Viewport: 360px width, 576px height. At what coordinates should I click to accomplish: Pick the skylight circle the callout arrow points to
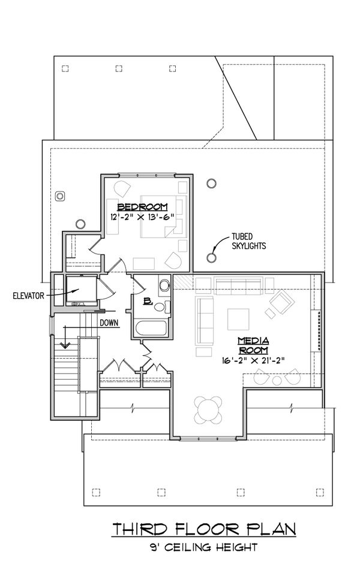click(x=211, y=257)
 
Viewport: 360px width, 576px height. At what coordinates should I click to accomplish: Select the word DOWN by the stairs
click(x=109, y=322)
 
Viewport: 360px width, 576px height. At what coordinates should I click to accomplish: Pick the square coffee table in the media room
click(x=238, y=319)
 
